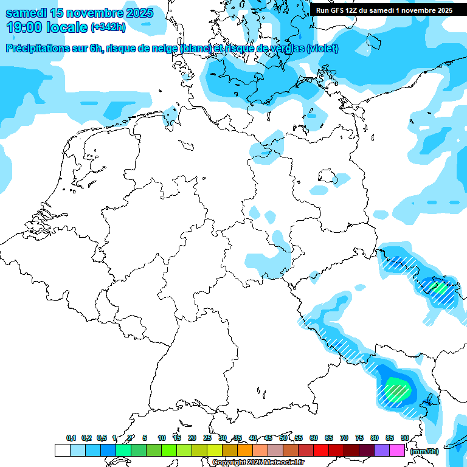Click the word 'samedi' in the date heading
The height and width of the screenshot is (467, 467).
tap(24, 13)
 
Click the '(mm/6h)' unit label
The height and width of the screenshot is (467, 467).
tap(424, 451)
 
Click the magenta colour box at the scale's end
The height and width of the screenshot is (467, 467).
tap(397, 451)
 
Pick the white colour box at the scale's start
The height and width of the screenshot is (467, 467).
tap(62, 451)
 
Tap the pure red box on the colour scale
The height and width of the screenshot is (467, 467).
tap(321, 451)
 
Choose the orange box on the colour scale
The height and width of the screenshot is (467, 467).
tap(245, 451)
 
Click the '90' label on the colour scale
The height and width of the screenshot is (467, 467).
tap(404, 438)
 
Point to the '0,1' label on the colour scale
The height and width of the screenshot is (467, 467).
tap(71, 438)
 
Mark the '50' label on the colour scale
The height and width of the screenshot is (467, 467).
tap(283, 438)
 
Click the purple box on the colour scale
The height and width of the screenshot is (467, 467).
tap(382, 451)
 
